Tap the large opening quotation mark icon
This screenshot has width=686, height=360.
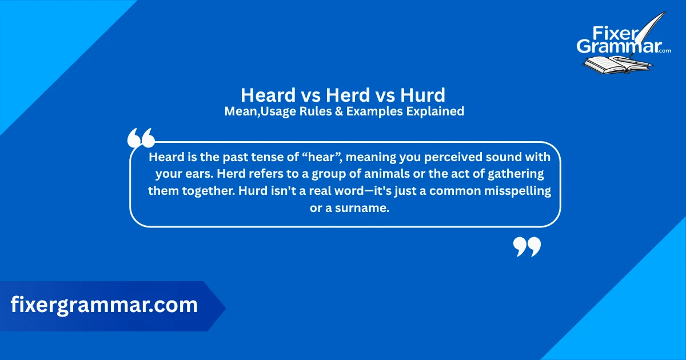click(141, 138)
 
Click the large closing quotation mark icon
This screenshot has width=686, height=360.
click(527, 246)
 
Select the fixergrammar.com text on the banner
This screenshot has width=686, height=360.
click(104, 305)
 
